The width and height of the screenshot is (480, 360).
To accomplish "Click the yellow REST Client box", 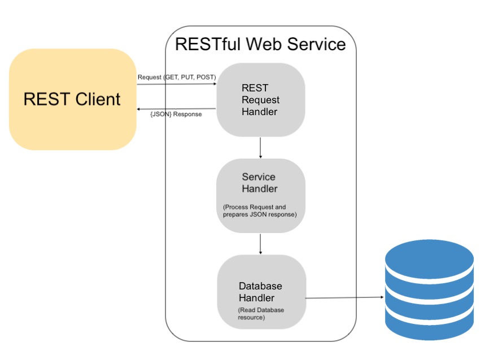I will click(x=72, y=99).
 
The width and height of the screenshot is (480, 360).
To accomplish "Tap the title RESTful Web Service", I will click(x=260, y=44).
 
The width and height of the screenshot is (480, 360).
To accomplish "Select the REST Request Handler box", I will click(x=260, y=100).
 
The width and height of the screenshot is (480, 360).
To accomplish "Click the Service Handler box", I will click(x=260, y=196).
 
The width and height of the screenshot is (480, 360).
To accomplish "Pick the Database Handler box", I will click(x=261, y=291).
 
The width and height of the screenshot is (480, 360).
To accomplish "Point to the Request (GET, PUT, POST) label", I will click(x=176, y=77).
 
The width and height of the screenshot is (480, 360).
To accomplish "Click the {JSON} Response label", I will click(x=176, y=114).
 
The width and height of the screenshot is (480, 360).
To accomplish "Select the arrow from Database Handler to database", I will click(x=344, y=297).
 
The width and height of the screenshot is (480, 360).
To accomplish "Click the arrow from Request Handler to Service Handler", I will click(x=260, y=147).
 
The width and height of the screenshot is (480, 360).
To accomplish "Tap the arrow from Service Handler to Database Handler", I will click(x=260, y=244).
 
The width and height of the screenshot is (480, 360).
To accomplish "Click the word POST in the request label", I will click(x=206, y=77).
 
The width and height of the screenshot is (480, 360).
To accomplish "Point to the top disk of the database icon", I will click(x=429, y=257).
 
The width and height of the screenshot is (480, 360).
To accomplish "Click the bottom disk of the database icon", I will click(x=429, y=326).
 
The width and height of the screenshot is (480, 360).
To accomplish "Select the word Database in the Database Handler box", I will click(x=260, y=286).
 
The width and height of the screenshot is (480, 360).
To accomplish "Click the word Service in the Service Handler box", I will click(x=259, y=177).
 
